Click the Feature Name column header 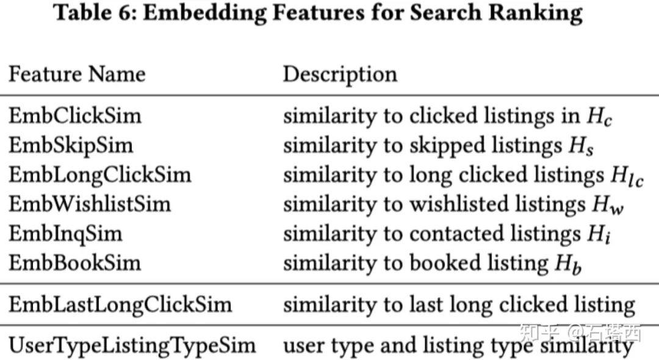click(77, 74)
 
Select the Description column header click(340, 75)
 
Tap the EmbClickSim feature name click(75, 116)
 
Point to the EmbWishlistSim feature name click(90, 204)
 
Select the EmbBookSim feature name click(75, 263)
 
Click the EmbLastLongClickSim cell click(120, 305)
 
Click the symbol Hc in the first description click(599, 117)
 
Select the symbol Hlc click(627, 176)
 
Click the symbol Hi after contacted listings click(599, 234)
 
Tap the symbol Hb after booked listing click(568, 264)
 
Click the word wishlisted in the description click(459, 204)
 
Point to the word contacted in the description click(456, 234)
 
